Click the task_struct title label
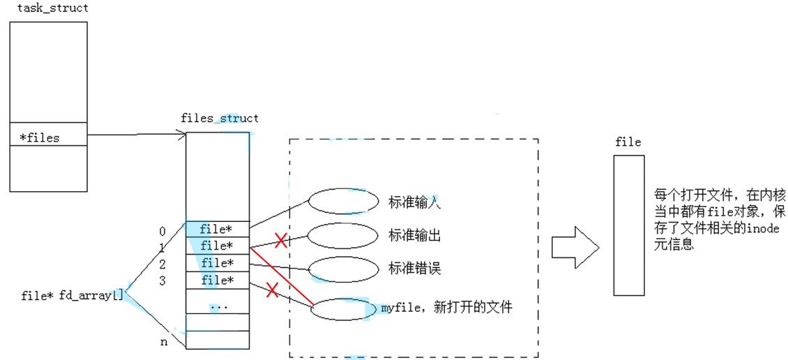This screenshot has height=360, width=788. click(52, 8)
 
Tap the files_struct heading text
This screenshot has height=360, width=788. click(219, 118)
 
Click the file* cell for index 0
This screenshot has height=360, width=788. click(217, 229)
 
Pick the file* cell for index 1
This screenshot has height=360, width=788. click(217, 246)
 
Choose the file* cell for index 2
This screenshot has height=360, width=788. click(217, 263)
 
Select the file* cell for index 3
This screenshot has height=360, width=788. click(217, 280)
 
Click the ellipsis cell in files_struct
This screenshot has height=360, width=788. click(217, 305)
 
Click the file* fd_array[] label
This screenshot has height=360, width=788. click(73, 295)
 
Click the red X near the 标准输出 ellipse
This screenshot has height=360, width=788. click(281, 241)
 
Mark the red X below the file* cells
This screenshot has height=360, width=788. click(273, 290)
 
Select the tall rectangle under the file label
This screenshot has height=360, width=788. click(628, 225)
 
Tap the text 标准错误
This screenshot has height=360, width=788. click(414, 269)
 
